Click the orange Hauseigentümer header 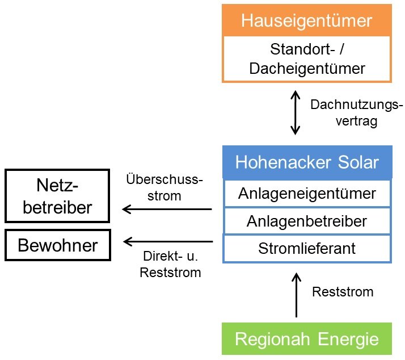307,21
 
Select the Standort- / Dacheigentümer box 307,58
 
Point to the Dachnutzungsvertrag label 356,114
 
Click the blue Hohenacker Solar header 307,163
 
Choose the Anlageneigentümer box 307,194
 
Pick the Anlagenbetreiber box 307,221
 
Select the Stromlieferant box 307,248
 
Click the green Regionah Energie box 307,340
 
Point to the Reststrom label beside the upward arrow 343,292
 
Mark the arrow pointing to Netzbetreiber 167,210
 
